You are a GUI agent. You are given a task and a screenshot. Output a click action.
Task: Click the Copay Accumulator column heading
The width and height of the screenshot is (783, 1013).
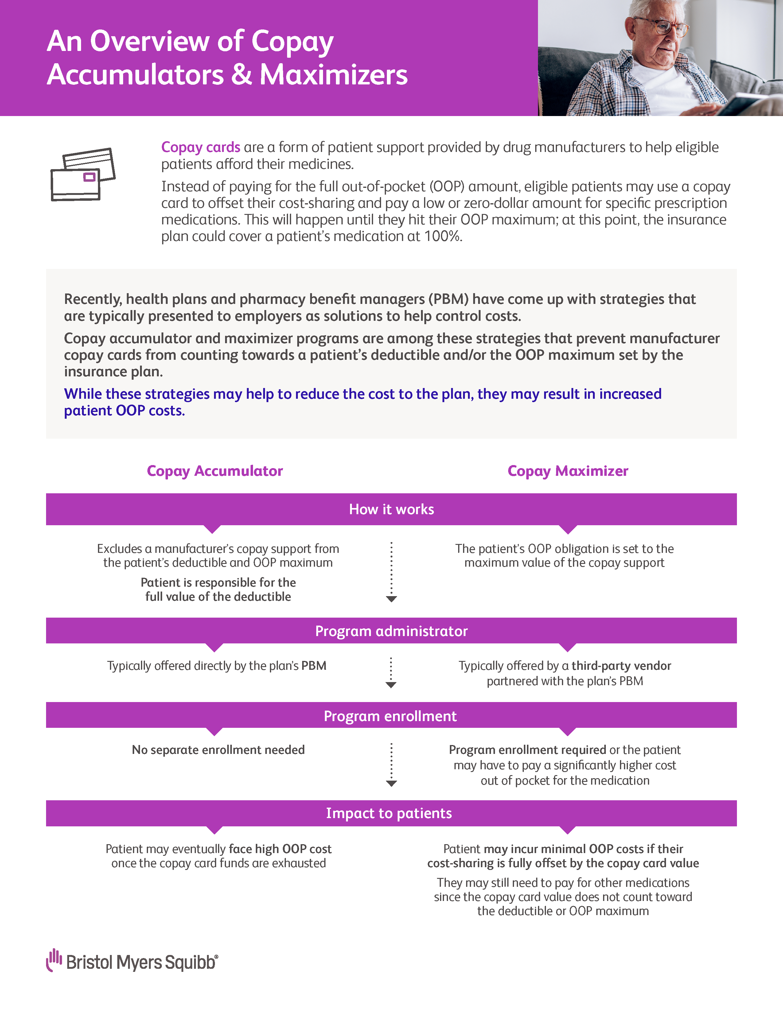[x=215, y=471]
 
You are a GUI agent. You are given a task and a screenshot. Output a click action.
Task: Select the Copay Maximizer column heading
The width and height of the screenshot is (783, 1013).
[x=568, y=471]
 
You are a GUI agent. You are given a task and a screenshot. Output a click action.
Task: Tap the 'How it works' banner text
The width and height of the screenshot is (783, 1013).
[x=391, y=509]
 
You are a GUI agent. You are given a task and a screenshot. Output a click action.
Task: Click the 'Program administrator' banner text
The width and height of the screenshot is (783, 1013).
[x=391, y=631]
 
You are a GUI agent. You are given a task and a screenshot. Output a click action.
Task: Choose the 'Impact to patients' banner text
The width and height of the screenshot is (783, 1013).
[x=389, y=813]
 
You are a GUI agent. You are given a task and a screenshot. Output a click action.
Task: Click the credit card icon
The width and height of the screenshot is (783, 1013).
[x=83, y=174]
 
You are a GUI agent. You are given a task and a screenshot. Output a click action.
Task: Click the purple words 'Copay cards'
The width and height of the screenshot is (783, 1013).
[x=201, y=147]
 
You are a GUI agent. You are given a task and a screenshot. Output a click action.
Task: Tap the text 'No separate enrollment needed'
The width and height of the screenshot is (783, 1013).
[x=218, y=750]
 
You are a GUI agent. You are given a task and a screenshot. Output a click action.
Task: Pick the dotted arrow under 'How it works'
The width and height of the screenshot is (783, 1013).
[x=391, y=572]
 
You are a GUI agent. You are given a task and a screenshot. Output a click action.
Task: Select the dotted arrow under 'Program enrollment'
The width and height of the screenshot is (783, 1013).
[x=391, y=764]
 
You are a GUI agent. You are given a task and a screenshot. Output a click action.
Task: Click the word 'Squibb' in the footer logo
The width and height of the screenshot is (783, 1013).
[x=190, y=962]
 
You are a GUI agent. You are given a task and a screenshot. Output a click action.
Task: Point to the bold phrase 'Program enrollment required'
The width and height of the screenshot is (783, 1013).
[x=528, y=750]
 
